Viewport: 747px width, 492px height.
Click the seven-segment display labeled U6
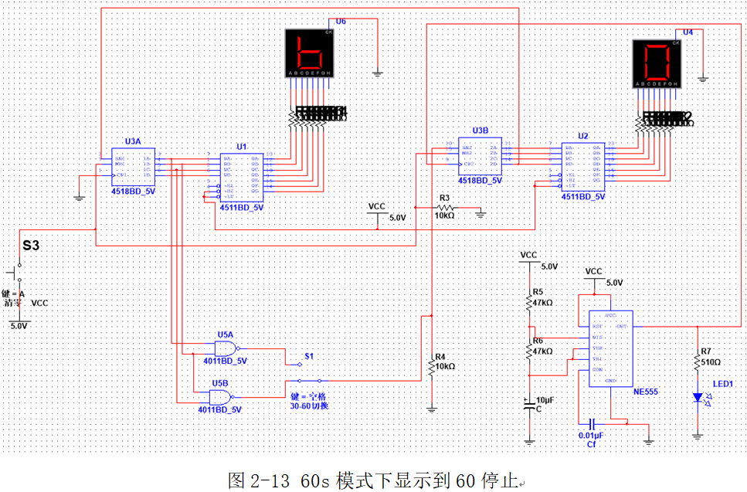coord(310,53)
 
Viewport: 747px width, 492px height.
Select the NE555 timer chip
coord(610,348)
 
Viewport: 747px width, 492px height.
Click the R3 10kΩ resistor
coord(444,208)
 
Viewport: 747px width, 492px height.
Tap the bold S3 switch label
coord(30,245)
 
